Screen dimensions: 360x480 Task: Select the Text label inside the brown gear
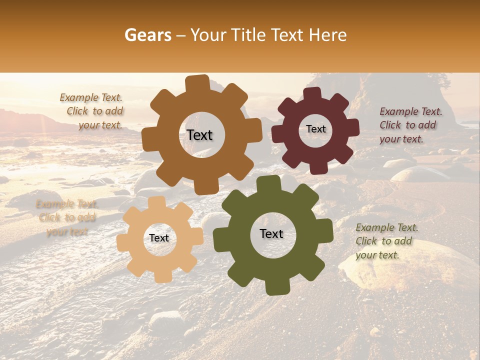point(199,135)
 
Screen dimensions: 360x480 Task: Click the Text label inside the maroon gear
point(316,129)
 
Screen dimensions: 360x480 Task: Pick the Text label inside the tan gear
point(159,238)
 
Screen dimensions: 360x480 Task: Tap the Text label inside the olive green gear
point(271,233)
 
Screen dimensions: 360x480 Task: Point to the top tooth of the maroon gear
point(313,93)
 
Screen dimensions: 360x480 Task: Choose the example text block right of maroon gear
point(410,125)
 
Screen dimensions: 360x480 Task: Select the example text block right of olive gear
point(386,241)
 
